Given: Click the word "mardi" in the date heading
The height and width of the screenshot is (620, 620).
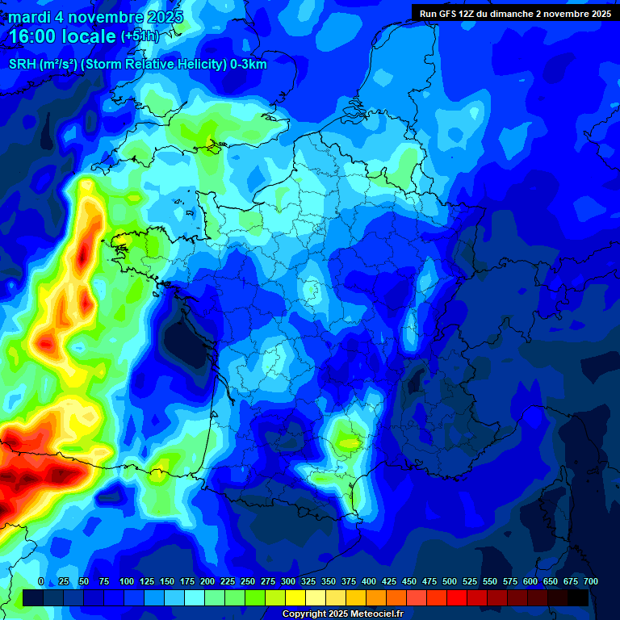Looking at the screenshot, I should (x=30, y=17).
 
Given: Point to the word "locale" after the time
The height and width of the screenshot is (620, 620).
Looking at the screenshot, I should (x=92, y=36).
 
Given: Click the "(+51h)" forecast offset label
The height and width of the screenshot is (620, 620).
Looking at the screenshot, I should (x=140, y=36).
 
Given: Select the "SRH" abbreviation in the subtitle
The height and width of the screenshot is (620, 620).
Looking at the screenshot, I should (x=22, y=64).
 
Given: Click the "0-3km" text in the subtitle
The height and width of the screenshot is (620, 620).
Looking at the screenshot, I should (x=248, y=64).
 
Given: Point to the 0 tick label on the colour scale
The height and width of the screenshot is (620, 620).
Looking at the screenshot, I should (x=41, y=581).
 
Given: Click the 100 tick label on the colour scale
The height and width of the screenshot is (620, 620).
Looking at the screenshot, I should (x=127, y=581).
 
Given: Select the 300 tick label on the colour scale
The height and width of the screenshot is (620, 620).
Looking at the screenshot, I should (x=288, y=581).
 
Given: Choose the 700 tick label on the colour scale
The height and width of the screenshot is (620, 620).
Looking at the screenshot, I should (x=591, y=581).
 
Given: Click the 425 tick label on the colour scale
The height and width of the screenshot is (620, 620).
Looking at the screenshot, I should (x=389, y=581).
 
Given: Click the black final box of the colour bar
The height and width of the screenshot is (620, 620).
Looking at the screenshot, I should (x=578, y=597).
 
